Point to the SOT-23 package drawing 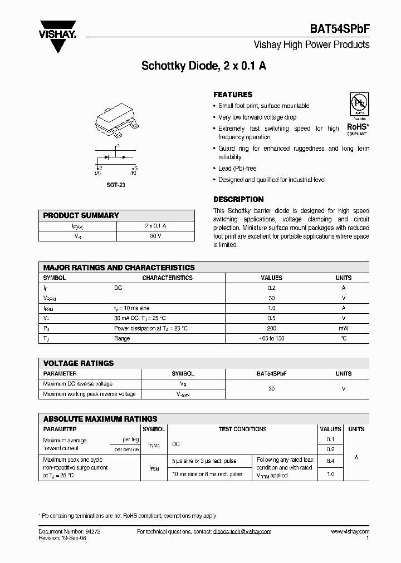point(116,122)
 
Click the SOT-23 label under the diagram point(116,184)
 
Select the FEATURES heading point(233,95)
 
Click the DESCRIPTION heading point(238,199)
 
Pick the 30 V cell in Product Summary point(155,236)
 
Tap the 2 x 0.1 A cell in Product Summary point(155,226)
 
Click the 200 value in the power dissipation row point(271,328)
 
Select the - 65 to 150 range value point(271,338)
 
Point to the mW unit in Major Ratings point(343,328)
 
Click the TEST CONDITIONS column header point(242,429)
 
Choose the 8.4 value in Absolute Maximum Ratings point(330,461)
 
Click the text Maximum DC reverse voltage point(78,384)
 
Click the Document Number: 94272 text point(70,532)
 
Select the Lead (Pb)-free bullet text point(237,168)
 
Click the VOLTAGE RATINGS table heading point(79,363)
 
